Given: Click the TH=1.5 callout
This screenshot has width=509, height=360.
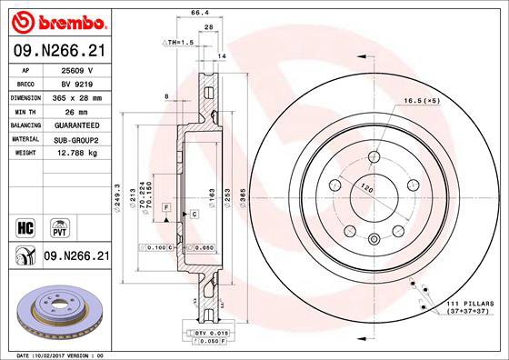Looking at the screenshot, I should pyautogui.click(x=179, y=43).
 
